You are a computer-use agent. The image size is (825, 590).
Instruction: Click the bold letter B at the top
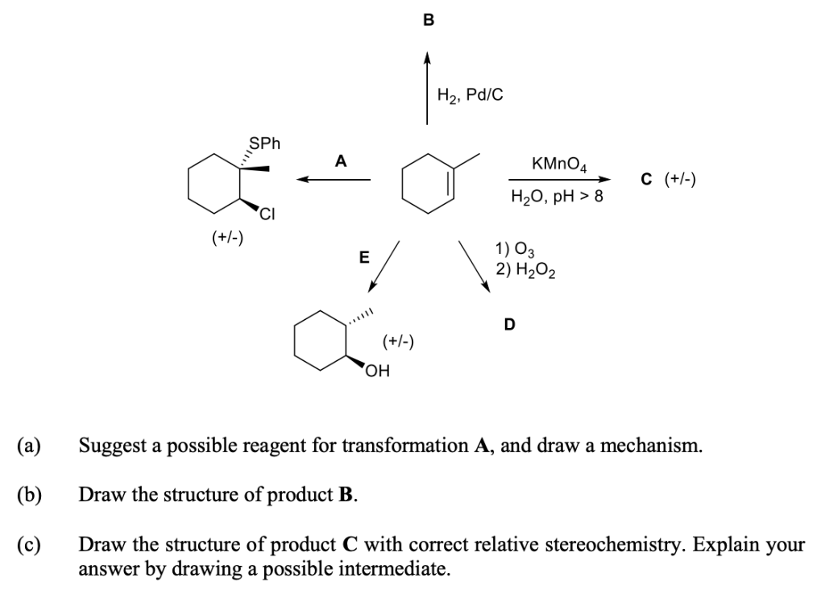[x=428, y=22]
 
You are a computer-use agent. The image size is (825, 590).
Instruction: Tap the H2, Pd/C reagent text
[x=470, y=94]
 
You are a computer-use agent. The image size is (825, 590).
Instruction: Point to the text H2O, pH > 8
[x=556, y=196]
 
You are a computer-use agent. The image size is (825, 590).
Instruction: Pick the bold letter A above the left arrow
[x=342, y=160]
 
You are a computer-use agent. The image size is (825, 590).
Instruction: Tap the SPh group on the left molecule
[x=264, y=144]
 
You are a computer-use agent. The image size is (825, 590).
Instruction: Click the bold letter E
[x=363, y=258]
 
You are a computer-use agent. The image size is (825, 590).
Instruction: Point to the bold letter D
[x=509, y=325]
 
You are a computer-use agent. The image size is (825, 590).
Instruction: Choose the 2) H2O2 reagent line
[x=523, y=270]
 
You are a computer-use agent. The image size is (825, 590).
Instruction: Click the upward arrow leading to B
[x=428, y=89]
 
